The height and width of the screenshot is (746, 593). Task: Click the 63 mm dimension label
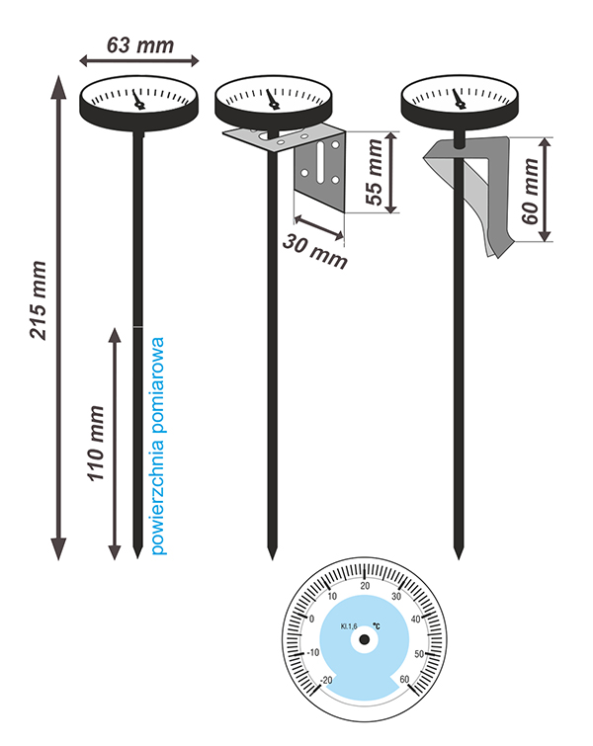pos(139,44)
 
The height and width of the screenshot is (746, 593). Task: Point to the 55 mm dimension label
pos(374,173)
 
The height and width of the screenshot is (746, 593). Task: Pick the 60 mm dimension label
pos(533,191)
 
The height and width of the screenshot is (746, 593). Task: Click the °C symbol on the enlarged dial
pos(377,625)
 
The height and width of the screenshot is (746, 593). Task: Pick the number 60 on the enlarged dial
pos(405,679)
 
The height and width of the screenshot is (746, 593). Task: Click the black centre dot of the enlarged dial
pos(365,640)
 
